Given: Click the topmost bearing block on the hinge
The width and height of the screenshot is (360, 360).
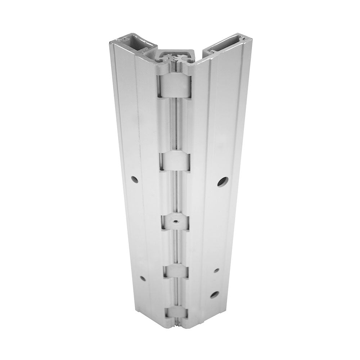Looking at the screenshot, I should coord(174,86).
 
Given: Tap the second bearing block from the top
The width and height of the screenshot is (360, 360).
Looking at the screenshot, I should coord(175,161).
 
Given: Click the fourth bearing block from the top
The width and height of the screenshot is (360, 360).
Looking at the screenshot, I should coord(175,271).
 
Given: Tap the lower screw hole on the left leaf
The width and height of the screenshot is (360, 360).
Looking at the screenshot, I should coord(143,278).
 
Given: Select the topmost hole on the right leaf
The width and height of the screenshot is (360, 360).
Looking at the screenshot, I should coord(222,181).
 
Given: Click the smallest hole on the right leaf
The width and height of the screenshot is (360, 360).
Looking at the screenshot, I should coord(216,270).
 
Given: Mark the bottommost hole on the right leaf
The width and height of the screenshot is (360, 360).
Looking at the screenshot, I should coord(214,294).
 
